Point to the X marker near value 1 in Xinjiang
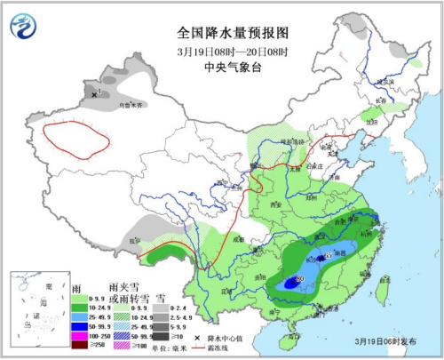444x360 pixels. tap(93, 92)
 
